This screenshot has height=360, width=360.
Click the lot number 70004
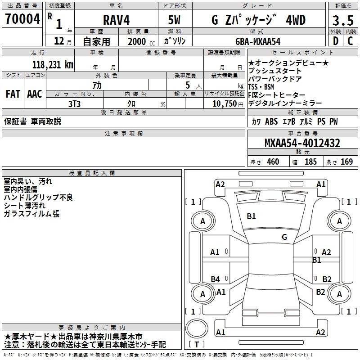pos(22,19)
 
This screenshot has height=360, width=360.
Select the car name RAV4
pos(117,20)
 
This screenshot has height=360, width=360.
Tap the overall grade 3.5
pos(343,20)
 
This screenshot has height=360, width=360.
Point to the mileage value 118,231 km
pos(53,64)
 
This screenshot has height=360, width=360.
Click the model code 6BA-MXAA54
pos(258,41)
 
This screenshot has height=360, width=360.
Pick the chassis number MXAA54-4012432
pos(302,143)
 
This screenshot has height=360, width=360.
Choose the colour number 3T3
pos(74,104)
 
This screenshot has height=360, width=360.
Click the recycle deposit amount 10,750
pos(224,103)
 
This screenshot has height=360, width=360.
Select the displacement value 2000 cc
pos(141,41)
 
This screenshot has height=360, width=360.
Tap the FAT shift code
pos(13,94)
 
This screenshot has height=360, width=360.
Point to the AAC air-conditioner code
pos(35,94)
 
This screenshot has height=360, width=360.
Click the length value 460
pos(273,162)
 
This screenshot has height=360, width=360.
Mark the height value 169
pos(346,162)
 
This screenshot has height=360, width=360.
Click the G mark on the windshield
pos(284,237)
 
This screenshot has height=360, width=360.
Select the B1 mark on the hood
pos(251,216)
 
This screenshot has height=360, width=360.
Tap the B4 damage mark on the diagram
pos(216,279)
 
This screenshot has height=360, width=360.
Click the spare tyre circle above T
pos(197,328)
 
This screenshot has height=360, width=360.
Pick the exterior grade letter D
pos(335,41)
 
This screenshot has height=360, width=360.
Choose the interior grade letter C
pos(351,41)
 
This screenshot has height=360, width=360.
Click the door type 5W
pos(174,20)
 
